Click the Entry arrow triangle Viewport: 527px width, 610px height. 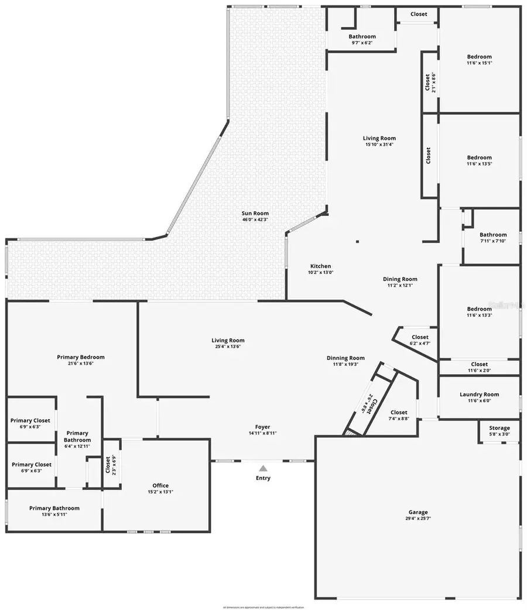coord(263,468)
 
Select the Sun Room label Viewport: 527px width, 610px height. coord(255,213)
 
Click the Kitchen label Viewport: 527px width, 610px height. coord(320,266)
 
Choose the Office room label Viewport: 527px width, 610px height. coord(160,485)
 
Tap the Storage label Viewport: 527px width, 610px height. coord(499,428)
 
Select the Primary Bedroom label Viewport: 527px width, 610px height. coord(81,357)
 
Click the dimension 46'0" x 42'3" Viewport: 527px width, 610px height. coord(255,220)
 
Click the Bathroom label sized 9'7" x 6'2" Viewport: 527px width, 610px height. coord(362,36)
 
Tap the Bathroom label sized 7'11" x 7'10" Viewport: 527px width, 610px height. coord(492,235)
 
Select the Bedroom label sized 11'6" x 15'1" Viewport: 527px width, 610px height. coord(479,57)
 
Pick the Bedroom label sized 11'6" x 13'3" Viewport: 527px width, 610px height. coord(479,309)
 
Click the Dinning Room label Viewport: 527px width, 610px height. coord(345,358)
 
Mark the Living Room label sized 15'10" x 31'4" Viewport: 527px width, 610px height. coord(379,138)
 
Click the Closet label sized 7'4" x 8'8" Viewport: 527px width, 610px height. coord(399,412)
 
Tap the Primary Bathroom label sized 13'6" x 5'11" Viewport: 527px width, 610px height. coord(54,508)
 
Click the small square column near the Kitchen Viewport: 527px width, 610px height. coord(357,241)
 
